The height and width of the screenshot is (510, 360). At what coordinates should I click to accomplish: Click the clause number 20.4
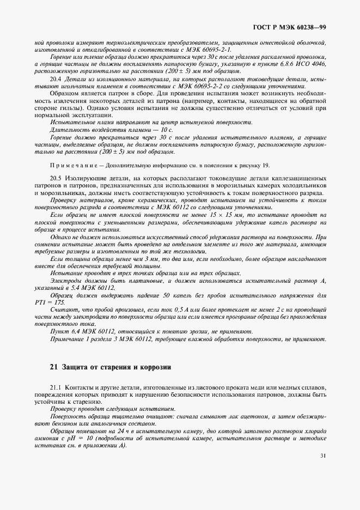pos(57,78)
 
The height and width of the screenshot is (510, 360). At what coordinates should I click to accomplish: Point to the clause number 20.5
pos(57,178)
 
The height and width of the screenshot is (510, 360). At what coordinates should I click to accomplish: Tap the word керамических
pos(138,200)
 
